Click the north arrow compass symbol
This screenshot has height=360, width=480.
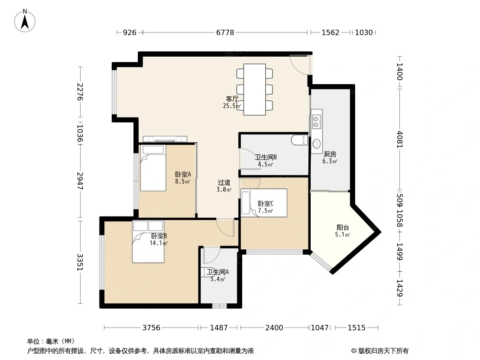[x=25, y=21]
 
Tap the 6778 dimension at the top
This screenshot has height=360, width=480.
[x=225, y=32]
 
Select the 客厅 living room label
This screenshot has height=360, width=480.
[x=232, y=99]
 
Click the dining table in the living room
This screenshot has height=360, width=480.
[x=254, y=89]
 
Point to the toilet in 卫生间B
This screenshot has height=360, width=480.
[x=299, y=140]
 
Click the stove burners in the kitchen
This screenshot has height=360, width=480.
[x=317, y=121]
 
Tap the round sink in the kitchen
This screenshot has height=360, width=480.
[x=317, y=143]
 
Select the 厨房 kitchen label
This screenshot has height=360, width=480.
[x=330, y=154]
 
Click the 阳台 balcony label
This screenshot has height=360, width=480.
[x=343, y=228]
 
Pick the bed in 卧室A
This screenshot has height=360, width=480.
[x=153, y=168]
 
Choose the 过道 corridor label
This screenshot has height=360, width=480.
[x=224, y=183]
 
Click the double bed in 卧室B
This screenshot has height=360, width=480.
[x=148, y=242]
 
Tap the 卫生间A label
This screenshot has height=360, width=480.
[x=217, y=272]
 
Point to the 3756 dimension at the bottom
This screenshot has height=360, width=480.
[x=151, y=328]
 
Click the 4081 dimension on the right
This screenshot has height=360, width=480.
[x=400, y=139]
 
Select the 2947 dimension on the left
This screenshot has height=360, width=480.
[x=80, y=181]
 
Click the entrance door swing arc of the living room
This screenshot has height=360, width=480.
[x=296, y=68]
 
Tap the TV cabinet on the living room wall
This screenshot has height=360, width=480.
[x=165, y=139]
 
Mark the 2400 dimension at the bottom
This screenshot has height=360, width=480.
[x=274, y=328]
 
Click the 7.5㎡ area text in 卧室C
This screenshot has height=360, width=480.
[x=265, y=211]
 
